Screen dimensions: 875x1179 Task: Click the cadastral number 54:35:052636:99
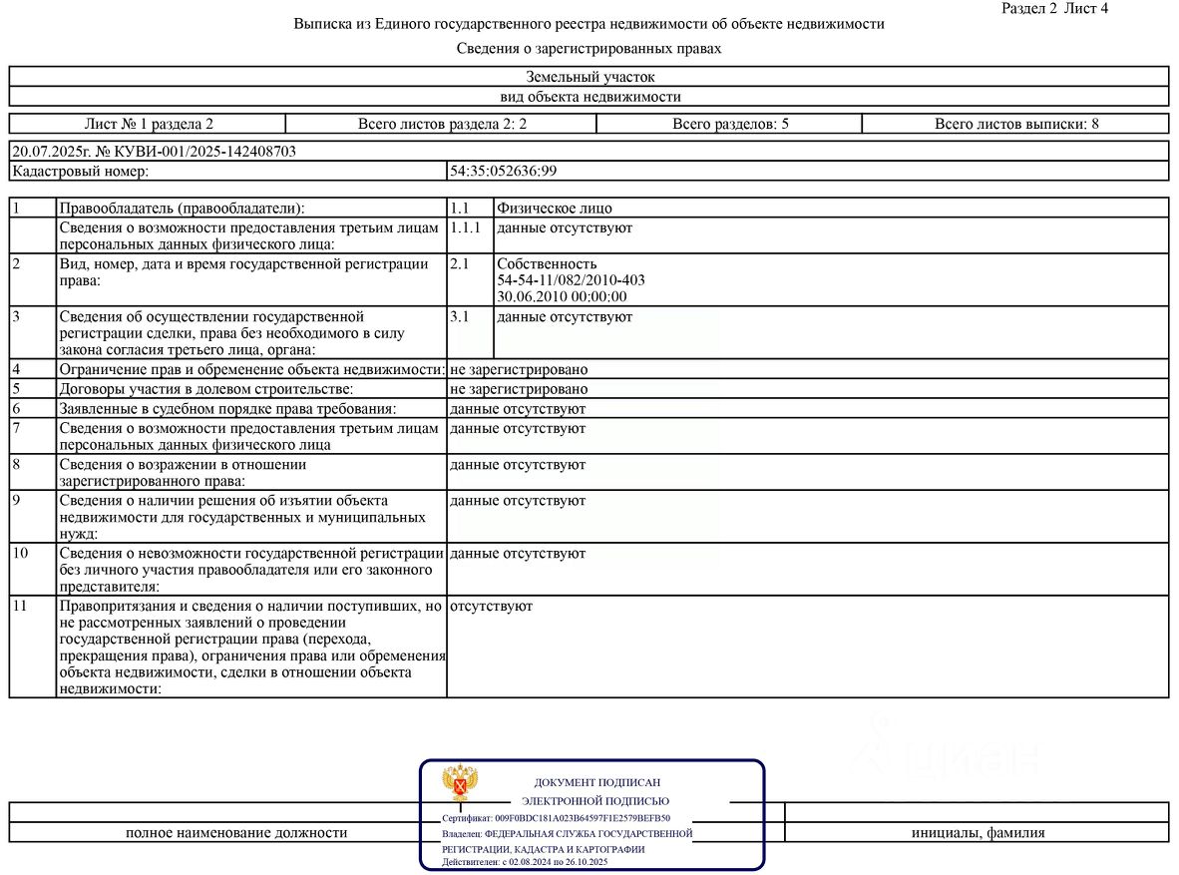(503, 172)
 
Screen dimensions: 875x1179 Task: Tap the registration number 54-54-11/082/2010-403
(571, 280)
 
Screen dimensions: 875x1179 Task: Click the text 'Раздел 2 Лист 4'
(1053, 8)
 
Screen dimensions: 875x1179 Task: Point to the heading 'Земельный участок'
(589, 77)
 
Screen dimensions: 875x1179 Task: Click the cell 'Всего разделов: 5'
(730, 125)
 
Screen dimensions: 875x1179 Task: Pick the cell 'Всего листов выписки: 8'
(1016, 125)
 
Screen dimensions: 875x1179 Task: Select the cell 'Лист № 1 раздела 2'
(149, 125)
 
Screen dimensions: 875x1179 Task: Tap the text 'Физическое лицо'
(555, 209)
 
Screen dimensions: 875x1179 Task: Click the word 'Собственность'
(547, 264)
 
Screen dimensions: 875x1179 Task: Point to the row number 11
(21, 606)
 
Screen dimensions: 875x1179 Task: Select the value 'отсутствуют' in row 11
(491, 606)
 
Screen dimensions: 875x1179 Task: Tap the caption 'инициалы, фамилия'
(978, 832)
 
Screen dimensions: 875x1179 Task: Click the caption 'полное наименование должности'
(236, 832)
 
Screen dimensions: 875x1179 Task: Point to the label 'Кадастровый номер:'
(80, 172)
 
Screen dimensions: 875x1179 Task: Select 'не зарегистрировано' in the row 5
(519, 389)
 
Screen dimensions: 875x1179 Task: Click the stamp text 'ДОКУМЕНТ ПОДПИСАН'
(596, 783)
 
